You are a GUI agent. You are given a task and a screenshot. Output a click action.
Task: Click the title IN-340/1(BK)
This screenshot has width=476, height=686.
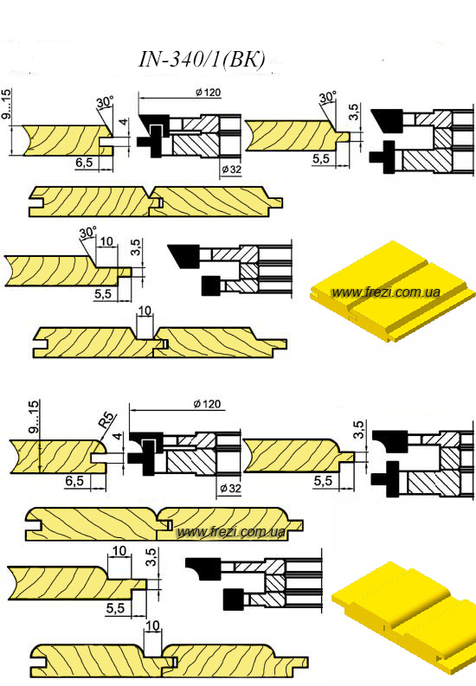(x=202, y=60)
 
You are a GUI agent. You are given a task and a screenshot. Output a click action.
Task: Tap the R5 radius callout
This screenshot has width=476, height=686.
(x=106, y=421)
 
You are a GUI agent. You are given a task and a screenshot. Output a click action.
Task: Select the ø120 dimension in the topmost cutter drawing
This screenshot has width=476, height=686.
(x=208, y=93)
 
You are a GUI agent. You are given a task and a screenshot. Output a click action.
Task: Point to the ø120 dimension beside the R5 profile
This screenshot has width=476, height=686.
(x=207, y=404)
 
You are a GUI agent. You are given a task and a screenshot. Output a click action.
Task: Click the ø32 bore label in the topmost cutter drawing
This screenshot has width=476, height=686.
(x=230, y=170)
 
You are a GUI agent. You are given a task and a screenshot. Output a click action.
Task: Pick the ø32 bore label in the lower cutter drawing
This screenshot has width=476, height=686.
(x=230, y=488)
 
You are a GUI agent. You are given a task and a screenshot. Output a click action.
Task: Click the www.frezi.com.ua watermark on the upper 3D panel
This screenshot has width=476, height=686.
(x=386, y=292)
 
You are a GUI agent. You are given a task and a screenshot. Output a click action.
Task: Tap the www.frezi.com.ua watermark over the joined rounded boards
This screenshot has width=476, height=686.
(x=231, y=532)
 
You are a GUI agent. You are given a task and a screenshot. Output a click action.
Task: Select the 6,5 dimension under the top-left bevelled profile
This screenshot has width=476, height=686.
(x=84, y=163)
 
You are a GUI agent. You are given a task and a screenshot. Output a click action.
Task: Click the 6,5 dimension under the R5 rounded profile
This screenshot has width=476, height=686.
(x=74, y=481)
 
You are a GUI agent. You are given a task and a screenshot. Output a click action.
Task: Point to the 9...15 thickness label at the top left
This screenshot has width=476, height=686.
(x=8, y=106)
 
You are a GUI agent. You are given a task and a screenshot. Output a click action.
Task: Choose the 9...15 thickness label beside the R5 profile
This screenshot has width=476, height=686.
(x=33, y=416)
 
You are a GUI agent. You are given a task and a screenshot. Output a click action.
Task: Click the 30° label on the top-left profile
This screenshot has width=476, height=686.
(x=105, y=102)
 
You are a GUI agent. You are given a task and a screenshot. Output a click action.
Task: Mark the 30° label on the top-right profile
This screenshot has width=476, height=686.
(x=328, y=97)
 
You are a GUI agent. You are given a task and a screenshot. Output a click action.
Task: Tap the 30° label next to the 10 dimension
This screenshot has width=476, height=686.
(x=87, y=232)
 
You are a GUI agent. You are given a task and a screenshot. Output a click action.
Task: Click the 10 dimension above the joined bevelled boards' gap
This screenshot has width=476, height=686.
(x=145, y=311)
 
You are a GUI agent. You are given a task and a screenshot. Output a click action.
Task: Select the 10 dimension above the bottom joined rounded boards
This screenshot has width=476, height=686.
(x=152, y=625)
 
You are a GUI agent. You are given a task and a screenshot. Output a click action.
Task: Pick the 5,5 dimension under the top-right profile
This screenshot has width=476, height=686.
(x=321, y=158)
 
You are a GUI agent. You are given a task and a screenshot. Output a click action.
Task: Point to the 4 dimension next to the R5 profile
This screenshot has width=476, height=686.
(x=116, y=437)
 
